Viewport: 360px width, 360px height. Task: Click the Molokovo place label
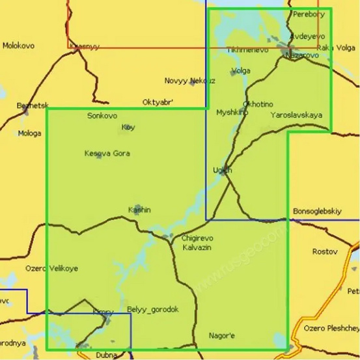point(18,46)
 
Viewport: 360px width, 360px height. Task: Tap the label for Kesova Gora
point(107,154)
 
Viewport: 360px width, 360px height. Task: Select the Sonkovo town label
point(102,115)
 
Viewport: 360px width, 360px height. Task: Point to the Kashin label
point(139,210)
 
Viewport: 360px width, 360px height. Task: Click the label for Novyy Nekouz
point(189,81)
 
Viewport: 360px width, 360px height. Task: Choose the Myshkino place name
point(232,113)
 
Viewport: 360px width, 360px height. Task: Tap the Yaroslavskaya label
point(296,115)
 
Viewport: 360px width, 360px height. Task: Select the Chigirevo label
point(197,238)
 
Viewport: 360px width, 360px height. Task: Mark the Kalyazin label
point(197,248)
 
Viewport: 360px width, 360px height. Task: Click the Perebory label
point(309,14)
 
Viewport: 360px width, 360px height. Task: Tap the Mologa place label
point(30,133)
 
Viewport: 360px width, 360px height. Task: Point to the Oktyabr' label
point(158,102)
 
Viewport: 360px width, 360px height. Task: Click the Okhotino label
point(258,104)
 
